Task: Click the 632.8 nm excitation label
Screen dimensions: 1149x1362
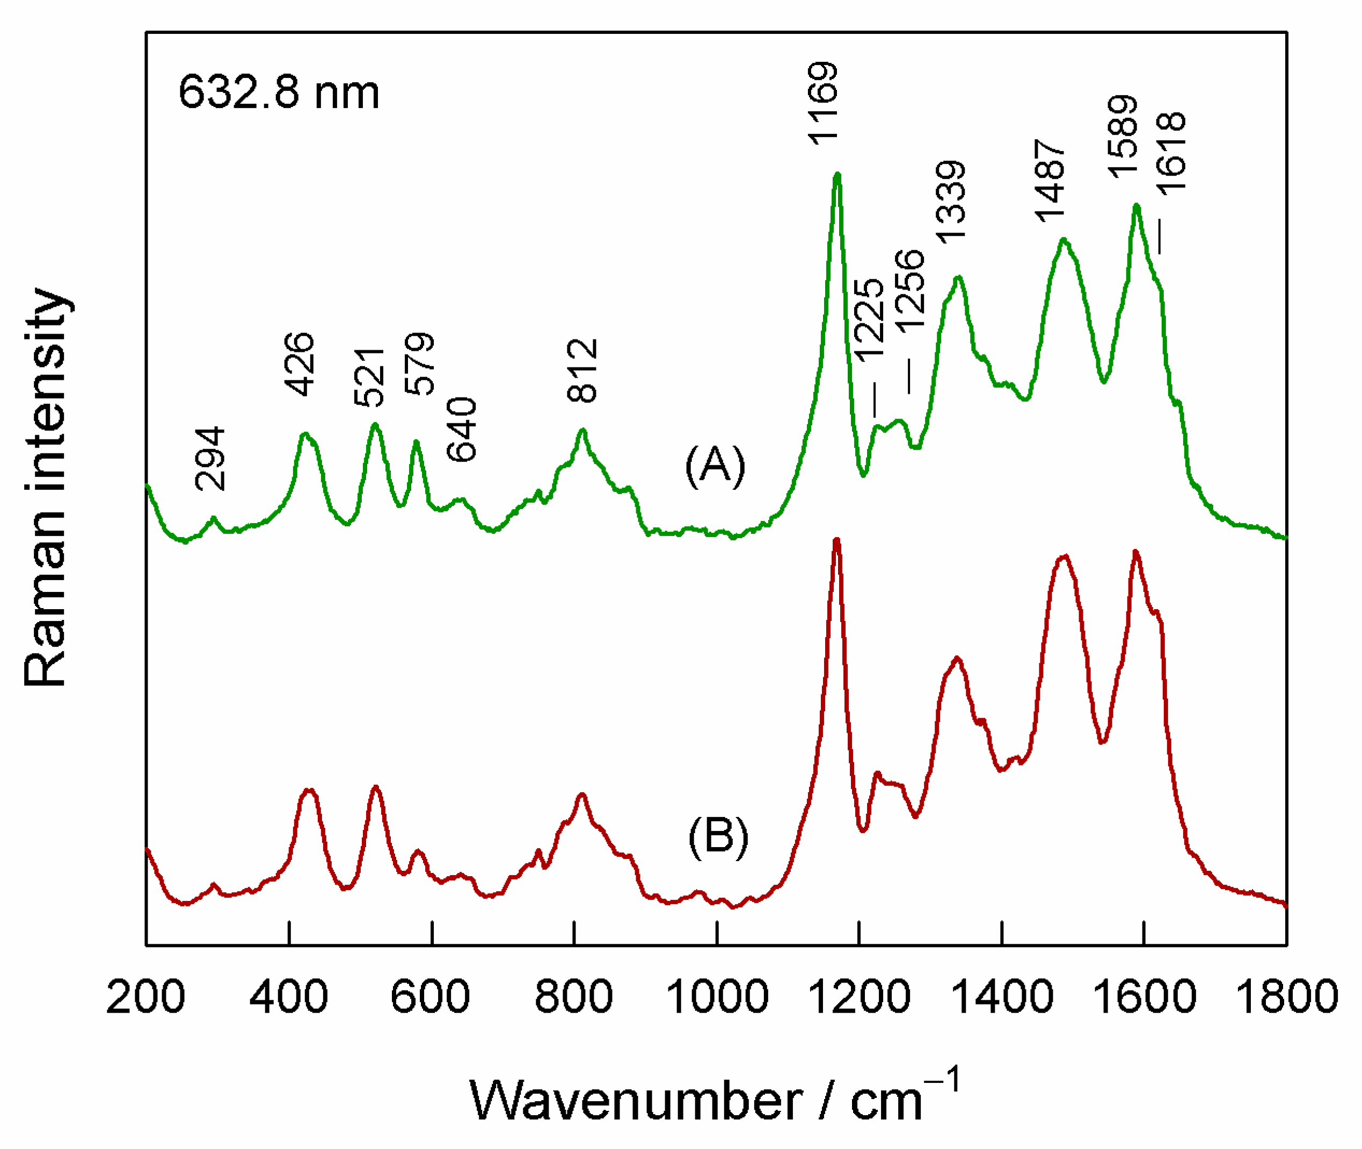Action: pyautogui.click(x=279, y=92)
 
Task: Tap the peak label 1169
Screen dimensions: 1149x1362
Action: pyautogui.click(x=822, y=103)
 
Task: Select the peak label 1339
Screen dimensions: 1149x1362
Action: pyautogui.click(x=950, y=202)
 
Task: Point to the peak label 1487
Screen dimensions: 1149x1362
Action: pyautogui.click(x=1050, y=180)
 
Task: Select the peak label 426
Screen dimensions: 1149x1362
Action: pyautogui.click(x=300, y=364)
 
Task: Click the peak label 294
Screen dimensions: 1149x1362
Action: pyautogui.click(x=209, y=459)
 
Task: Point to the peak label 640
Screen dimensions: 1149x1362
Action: pyautogui.click(x=462, y=429)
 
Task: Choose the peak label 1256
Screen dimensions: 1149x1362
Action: pyautogui.click(x=909, y=291)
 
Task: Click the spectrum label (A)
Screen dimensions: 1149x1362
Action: pyautogui.click(x=715, y=466)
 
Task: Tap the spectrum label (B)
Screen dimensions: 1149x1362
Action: pyautogui.click(x=718, y=836)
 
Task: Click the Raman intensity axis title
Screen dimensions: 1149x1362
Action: pyautogui.click(x=46, y=487)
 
